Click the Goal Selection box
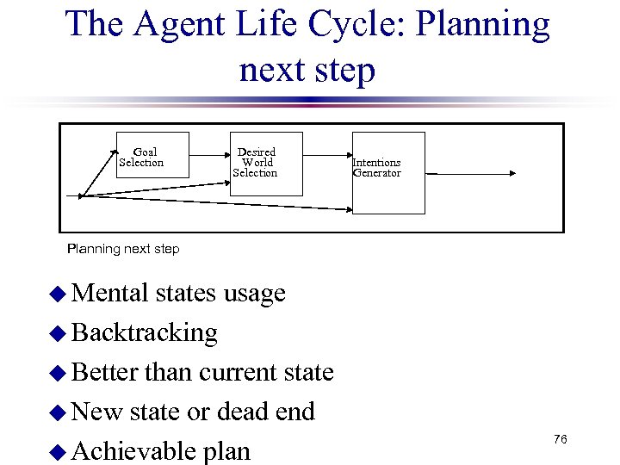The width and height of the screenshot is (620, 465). [152, 155]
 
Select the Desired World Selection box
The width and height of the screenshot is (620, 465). [266, 164]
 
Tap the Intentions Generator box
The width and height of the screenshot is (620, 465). [388, 172]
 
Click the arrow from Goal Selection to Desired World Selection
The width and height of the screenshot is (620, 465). [209, 156]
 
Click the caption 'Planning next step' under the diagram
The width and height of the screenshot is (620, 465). [123, 249]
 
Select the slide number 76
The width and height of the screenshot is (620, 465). [560, 440]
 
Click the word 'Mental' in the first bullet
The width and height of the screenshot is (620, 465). [111, 293]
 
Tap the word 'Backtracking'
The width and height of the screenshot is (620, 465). [145, 332]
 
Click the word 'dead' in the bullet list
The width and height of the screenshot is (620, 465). [241, 412]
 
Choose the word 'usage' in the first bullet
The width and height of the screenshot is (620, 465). [254, 294]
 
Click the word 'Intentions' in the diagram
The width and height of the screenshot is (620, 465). [376, 163]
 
